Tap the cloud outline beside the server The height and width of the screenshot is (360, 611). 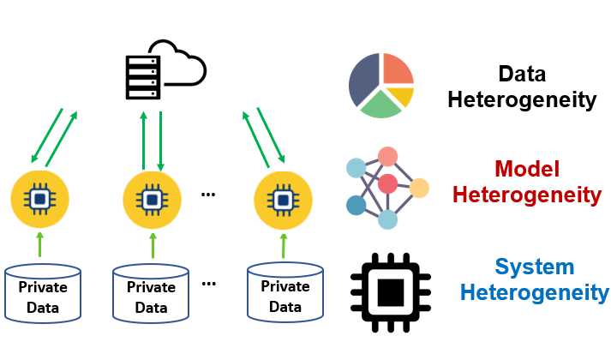(181, 63)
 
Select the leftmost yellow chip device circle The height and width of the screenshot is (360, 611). (39, 200)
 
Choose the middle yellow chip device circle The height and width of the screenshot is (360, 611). (152, 200)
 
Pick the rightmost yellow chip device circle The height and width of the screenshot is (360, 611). (284, 200)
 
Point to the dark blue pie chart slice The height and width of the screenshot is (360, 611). (364, 81)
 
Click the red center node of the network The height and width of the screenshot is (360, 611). (388, 183)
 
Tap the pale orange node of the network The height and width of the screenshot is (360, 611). (419, 188)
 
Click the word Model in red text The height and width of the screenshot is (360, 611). (527, 169)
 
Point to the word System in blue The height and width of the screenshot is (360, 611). (535, 267)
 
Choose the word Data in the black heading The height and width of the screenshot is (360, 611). (522, 74)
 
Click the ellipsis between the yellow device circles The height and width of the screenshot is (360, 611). (207, 195)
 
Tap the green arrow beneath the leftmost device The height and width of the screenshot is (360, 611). (39, 244)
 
